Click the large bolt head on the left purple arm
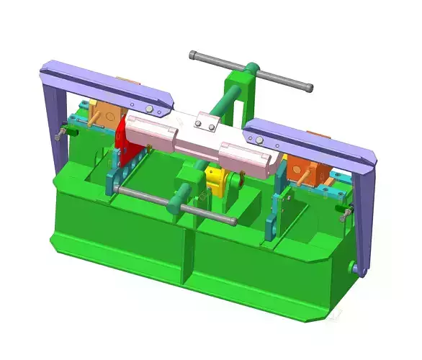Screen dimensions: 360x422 coord(150,109)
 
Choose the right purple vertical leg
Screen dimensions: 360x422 coord(366,216)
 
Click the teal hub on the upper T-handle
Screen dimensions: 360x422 coord(252,71)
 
